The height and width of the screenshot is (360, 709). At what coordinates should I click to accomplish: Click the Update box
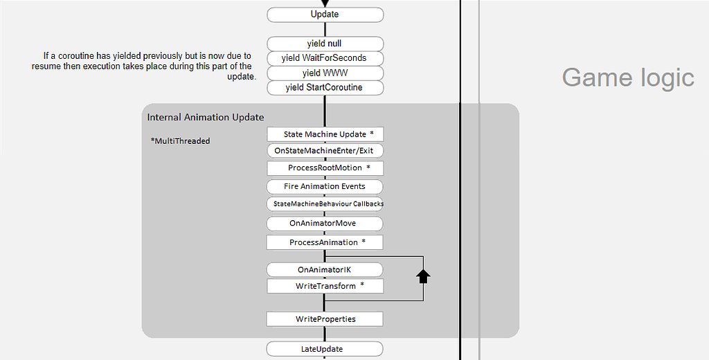pos(324,15)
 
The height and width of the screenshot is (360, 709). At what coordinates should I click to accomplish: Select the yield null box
pos(324,44)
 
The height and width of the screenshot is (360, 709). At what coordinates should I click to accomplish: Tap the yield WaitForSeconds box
pos(324,58)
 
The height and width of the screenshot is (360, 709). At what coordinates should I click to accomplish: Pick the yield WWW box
pos(324,73)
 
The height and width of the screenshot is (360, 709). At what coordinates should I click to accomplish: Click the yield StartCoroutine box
pos(324,87)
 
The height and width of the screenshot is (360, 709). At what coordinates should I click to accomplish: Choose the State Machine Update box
pos(324,134)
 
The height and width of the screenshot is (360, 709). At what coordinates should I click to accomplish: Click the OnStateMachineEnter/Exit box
pos(324,150)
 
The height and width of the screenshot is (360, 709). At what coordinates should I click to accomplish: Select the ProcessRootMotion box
pos(324,168)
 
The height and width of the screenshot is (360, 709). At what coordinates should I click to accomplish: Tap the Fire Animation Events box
pos(324,186)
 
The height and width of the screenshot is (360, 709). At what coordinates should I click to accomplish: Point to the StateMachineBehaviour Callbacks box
pos(324,204)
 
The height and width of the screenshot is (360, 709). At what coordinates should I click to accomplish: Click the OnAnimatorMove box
pos(324,224)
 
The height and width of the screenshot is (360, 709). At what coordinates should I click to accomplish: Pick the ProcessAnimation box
pos(324,242)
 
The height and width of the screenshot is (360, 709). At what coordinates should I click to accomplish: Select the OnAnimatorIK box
pos(324,269)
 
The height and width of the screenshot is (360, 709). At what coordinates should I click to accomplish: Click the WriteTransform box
pos(324,286)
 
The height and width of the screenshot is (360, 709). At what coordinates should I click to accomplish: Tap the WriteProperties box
pos(324,319)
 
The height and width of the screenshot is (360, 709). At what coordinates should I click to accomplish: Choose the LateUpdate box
pos(324,349)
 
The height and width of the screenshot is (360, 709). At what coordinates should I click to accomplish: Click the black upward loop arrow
pos(423,276)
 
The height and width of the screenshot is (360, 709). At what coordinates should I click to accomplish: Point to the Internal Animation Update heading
pos(206,117)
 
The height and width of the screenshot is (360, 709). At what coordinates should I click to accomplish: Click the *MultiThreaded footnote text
pos(180,141)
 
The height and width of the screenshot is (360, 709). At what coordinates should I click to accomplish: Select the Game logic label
pos(627,78)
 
